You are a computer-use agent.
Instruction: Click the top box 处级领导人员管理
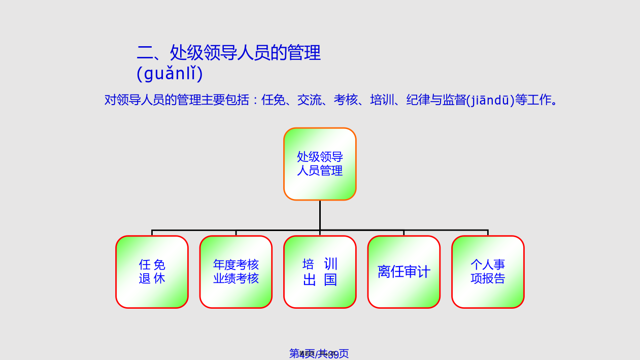click(320, 163)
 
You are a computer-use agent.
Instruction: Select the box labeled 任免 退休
click(152, 272)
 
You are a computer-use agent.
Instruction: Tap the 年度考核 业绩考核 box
click(236, 272)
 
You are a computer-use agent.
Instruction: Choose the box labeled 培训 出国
click(320, 272)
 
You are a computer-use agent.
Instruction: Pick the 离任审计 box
click(404, 272)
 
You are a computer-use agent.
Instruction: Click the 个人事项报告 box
click(488, 272)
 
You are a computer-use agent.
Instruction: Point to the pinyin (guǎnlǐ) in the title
click(170, 74)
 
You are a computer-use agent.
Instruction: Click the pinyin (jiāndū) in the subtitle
click(490, 100)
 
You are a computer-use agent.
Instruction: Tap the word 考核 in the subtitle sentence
click(346, 100)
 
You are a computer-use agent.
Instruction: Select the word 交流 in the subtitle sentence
click(309, 100)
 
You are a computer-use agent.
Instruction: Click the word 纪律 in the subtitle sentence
click(418, 100)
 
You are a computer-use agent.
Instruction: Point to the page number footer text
click(319, 354)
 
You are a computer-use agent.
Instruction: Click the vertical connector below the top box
click(320, 215)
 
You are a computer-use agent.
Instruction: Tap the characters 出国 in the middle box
click(320, 280)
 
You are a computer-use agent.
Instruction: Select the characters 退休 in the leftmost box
click(152, 279)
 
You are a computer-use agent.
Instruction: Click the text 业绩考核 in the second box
click(236, 279)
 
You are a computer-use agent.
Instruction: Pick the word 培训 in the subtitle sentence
click(382, 100)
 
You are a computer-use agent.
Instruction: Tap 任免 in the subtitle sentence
click(273, 100)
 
